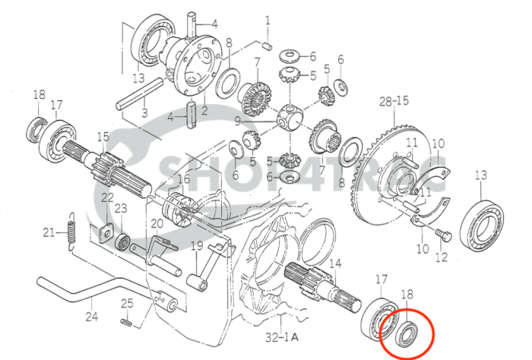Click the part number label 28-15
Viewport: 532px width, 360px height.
[x=394, y=100]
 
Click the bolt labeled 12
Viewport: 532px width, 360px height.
[x=445, y=236]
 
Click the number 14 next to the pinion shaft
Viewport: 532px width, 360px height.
[x=335, y=264]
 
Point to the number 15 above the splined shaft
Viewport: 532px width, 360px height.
[x=103, y=136]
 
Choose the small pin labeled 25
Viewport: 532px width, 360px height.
[x=128, y=322]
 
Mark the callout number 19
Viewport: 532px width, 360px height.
[x=196, y=245]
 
